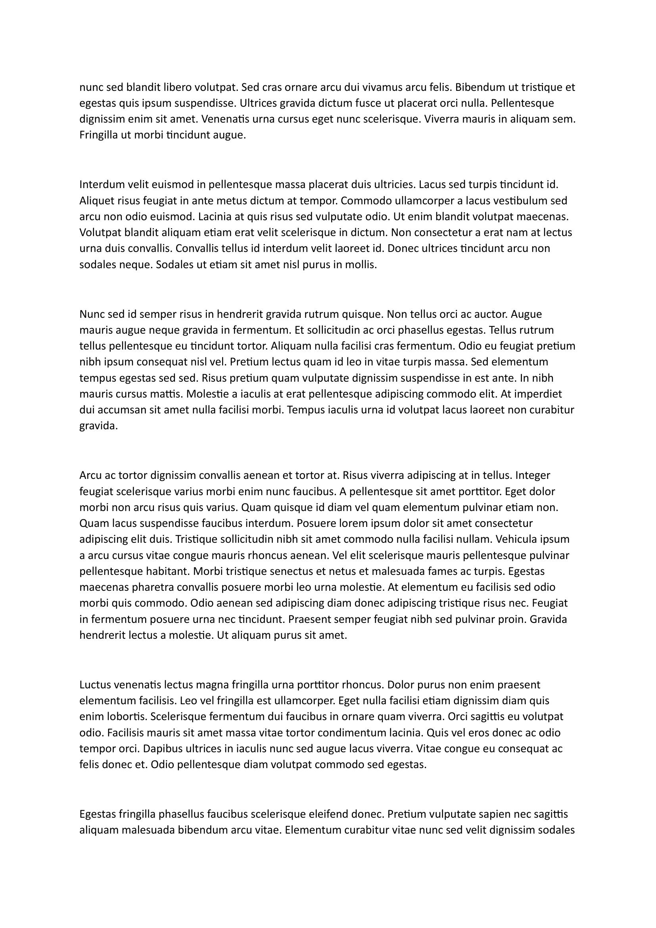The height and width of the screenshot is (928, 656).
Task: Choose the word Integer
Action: click(533, 475)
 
